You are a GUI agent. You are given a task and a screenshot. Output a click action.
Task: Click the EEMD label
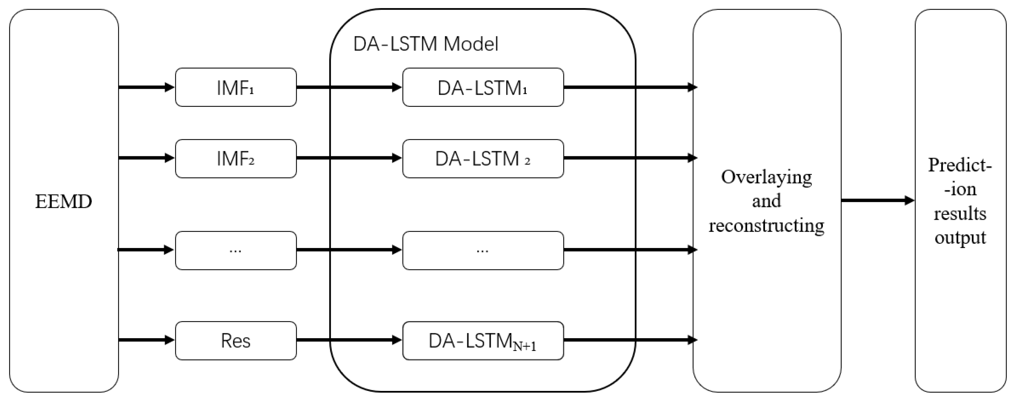tap(64, 202)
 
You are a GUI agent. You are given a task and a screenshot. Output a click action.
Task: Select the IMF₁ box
tap(236, 87)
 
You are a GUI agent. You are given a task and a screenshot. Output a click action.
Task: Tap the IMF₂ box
tap(236, 159)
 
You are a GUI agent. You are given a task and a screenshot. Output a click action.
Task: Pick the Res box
tap(236, 340)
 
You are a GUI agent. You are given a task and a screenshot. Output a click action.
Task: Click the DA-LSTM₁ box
tap(483, 87)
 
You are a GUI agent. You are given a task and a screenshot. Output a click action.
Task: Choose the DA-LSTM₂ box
tap(483, 159)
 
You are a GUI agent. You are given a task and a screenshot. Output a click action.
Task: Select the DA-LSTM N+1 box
tap(483, 340)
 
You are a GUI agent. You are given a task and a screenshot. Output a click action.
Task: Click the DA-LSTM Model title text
tap(426, 44)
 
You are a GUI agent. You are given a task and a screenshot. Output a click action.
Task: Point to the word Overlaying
tap(766, 177)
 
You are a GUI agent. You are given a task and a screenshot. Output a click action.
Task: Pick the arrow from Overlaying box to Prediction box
tap(877, 201)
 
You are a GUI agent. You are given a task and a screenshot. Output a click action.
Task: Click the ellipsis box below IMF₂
tap(236, 250)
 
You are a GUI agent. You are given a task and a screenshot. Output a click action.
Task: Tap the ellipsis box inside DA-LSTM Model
tap(483, 250)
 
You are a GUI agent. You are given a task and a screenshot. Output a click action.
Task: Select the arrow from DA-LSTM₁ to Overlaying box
tap(628, 87)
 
